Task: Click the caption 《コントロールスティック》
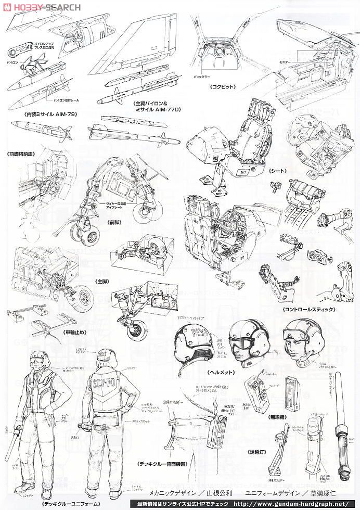(x=308, y=309)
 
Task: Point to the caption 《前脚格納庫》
(x=21, y=154)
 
